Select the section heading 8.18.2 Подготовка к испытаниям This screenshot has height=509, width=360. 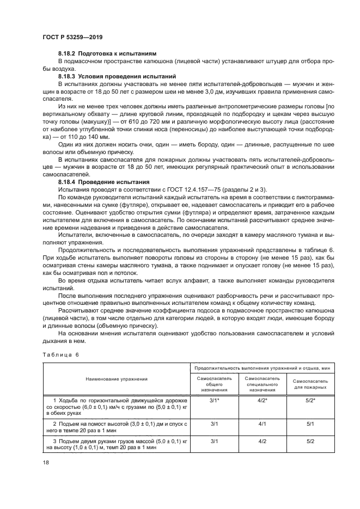[107, 54]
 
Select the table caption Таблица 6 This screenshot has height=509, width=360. [59, 354]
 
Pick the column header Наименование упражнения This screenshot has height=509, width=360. [116, 378]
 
